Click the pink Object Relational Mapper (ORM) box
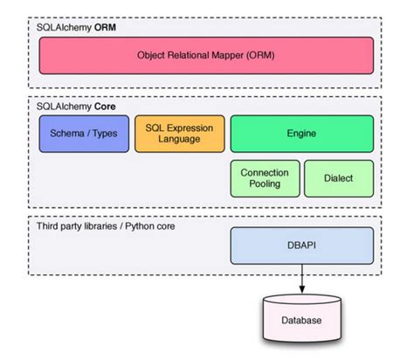[206, 55]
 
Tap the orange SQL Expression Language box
[179, 134]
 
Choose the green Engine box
[301, 134]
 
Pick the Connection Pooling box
[266, 177]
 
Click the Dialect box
[338, 177]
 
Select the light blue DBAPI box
[301, 246]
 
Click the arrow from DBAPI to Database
[301, 278]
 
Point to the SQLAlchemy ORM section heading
[76, 26]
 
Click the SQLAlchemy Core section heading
[76, 105]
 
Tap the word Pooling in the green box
[266, 183]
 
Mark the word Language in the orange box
[179, 140]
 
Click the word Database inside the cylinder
[301, 321]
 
